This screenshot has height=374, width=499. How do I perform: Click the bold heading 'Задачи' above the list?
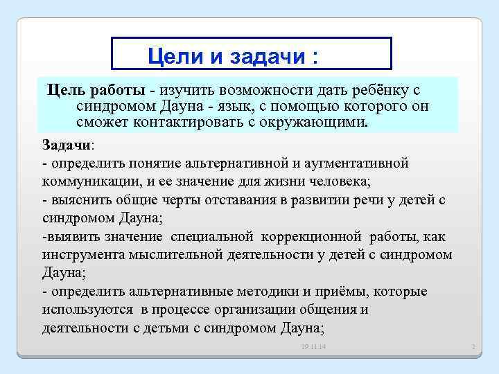pos(67,145)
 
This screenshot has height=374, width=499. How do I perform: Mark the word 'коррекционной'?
pos(306,237)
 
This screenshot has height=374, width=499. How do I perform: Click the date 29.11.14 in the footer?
pos(314,346)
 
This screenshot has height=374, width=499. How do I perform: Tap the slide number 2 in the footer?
pos(471,346)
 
